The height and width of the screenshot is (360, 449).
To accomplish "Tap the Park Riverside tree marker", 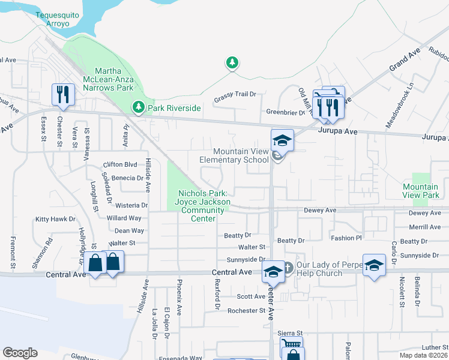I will [139, 107].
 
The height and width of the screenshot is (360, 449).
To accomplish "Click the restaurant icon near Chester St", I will [62, 94].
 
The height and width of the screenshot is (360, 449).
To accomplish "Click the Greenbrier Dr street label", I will [286, 112].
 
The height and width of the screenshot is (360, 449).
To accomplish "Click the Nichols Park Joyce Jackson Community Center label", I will [203, 206].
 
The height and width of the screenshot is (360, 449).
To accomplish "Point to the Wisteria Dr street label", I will [127, 205].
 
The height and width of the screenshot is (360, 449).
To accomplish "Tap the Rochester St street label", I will [246, 311].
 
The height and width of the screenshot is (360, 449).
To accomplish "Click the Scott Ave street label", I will [251, 296].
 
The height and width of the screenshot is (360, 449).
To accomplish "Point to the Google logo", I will [20, 353].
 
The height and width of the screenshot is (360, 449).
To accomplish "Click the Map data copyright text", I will [424, 355].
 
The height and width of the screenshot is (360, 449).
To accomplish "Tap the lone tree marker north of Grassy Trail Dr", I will [232, 62].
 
